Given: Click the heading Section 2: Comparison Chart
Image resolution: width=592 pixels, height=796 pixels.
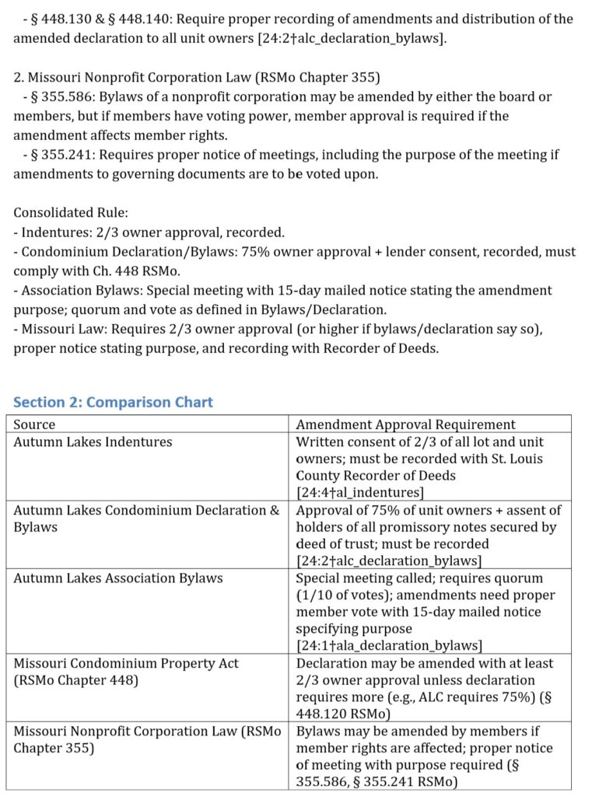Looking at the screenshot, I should pyautogui.click(x=114, y=402).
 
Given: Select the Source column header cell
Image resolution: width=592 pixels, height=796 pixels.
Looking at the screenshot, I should pyautogui.click(x=35, y=424).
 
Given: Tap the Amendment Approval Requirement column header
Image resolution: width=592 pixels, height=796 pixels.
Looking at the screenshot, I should pyautogui.click(x=405, y=424).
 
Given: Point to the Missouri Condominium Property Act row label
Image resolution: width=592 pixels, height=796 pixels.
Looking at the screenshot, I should pyautogui.click(x=126, y=663).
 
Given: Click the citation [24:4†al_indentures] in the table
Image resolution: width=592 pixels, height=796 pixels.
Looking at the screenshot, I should pyautogui.click(x=360, y=492).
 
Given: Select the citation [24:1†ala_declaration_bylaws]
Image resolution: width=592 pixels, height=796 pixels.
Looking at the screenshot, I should pyautogui.click(x=389, y=645).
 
